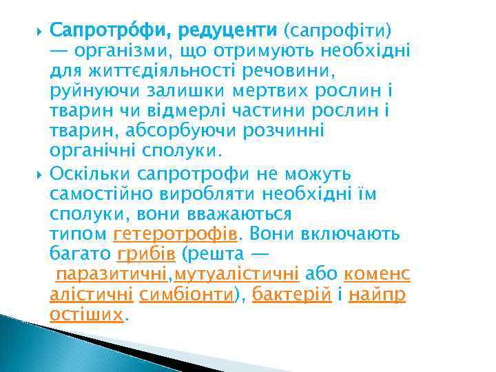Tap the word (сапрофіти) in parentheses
[333, 30]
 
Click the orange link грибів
[146, 254]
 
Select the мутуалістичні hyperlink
[236, 274]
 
